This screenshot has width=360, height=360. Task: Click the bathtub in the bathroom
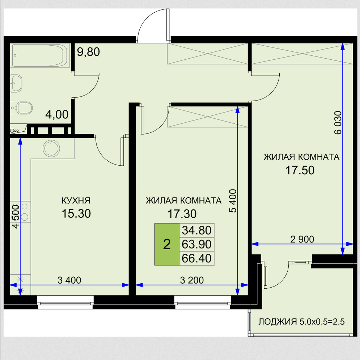click(41, 55)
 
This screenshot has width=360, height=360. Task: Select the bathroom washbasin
click(16, 83)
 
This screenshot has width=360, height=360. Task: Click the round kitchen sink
click(51, 148)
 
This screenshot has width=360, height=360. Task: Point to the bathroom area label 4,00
click(57, 115)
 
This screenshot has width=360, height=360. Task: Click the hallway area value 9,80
click(88, 52)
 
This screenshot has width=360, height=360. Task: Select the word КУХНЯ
click(76, 200)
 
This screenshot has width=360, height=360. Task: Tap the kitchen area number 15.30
click(76, 213)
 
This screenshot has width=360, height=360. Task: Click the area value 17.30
click(182, 214)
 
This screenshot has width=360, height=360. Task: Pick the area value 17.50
click(300, 170)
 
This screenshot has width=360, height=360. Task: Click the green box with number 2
click(167, 244)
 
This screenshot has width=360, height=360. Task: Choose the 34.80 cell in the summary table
click(197, 230)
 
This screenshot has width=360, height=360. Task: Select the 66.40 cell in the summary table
click(197, 258)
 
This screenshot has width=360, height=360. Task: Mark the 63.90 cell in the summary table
click(197, 244)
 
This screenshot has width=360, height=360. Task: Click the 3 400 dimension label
click(69, 280)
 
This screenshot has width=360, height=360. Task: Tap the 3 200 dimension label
click(192, 280)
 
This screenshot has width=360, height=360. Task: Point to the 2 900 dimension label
click(302, 239)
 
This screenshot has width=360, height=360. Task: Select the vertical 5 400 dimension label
click(233, 201)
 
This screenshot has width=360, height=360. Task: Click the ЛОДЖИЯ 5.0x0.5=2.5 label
click(302, 322)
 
